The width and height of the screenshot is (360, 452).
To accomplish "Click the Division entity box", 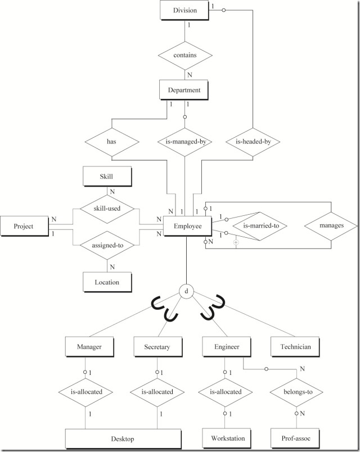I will tap(185, 11).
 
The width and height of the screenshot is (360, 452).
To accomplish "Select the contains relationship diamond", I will tap(185, 56).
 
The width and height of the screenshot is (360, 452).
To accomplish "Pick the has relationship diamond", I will tap(111, 142).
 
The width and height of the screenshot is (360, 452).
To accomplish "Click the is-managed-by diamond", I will tap(185, 142).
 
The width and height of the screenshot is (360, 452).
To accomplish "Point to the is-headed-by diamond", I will tap(253, 142).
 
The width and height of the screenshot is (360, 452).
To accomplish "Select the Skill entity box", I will tap(106, 177).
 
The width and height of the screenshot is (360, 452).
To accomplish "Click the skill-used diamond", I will tap(106, 207).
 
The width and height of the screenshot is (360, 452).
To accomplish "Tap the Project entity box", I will tap(24, 226).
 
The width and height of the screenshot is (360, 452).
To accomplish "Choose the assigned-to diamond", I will tap(106, 245).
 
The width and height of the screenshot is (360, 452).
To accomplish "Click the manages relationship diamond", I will tap(331, 225).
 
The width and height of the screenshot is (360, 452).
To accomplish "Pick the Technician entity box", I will tap(295, 347).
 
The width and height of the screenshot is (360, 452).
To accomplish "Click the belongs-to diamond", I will tap(295, 392).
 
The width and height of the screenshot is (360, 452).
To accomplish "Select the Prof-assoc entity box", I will tap(295, 437).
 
